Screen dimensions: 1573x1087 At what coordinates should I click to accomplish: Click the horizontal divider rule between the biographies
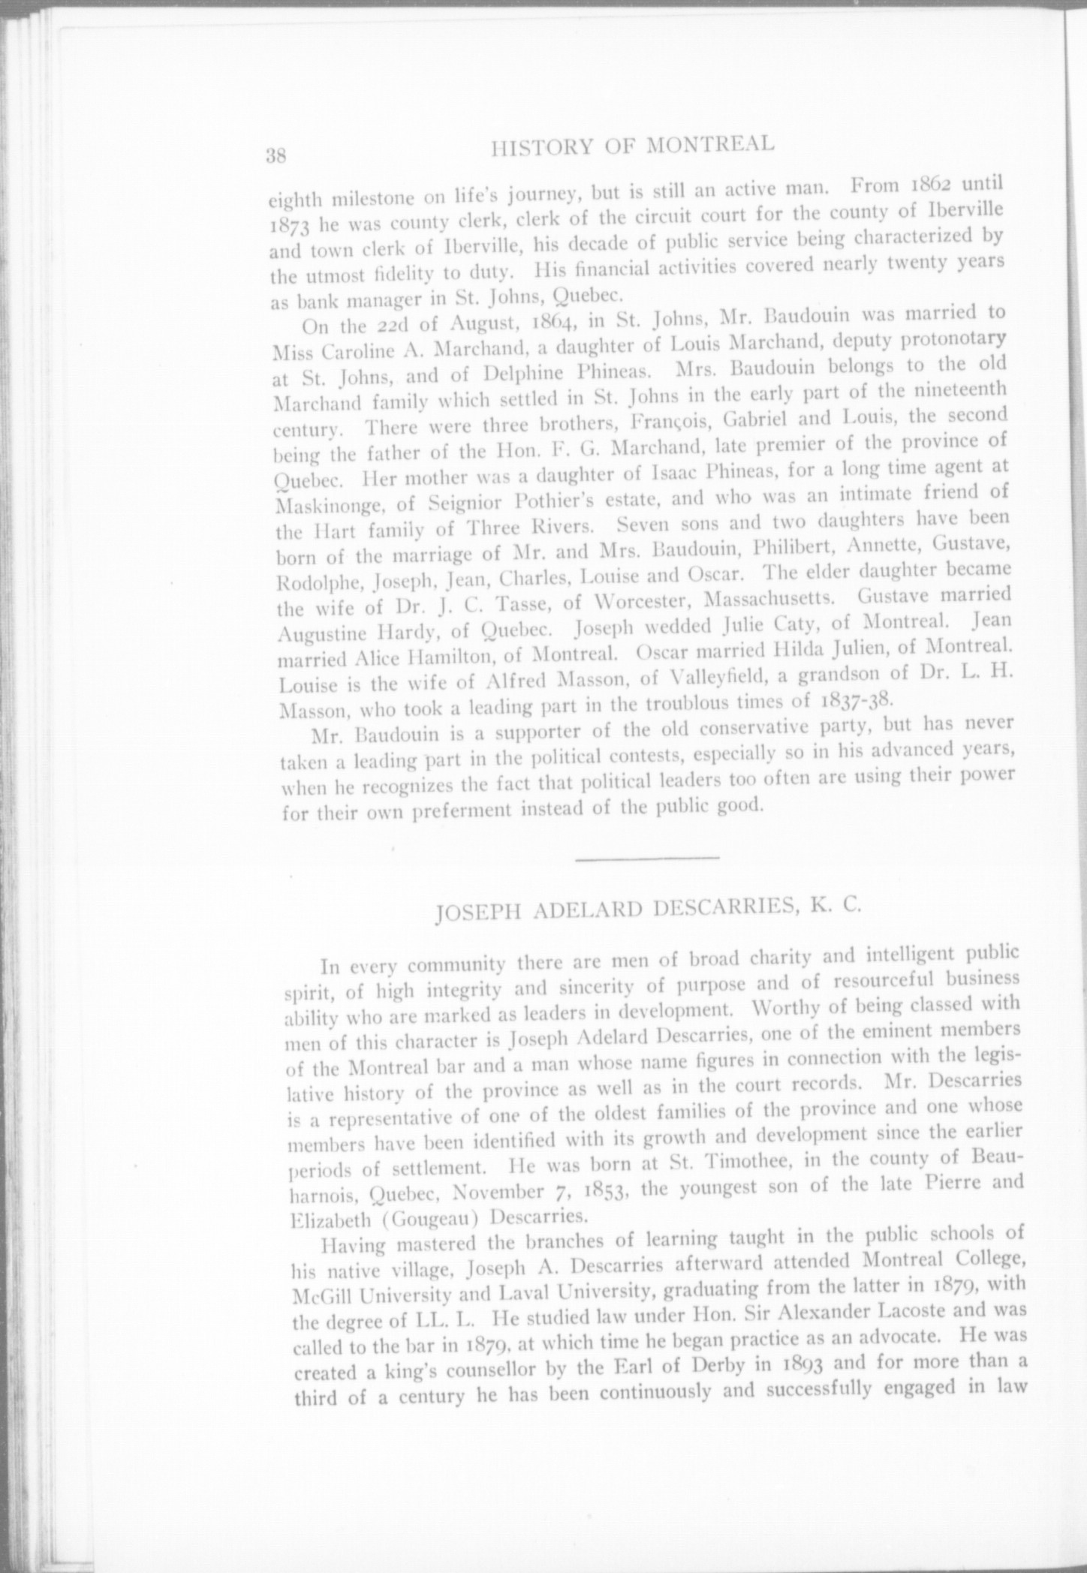click(647, 857)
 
